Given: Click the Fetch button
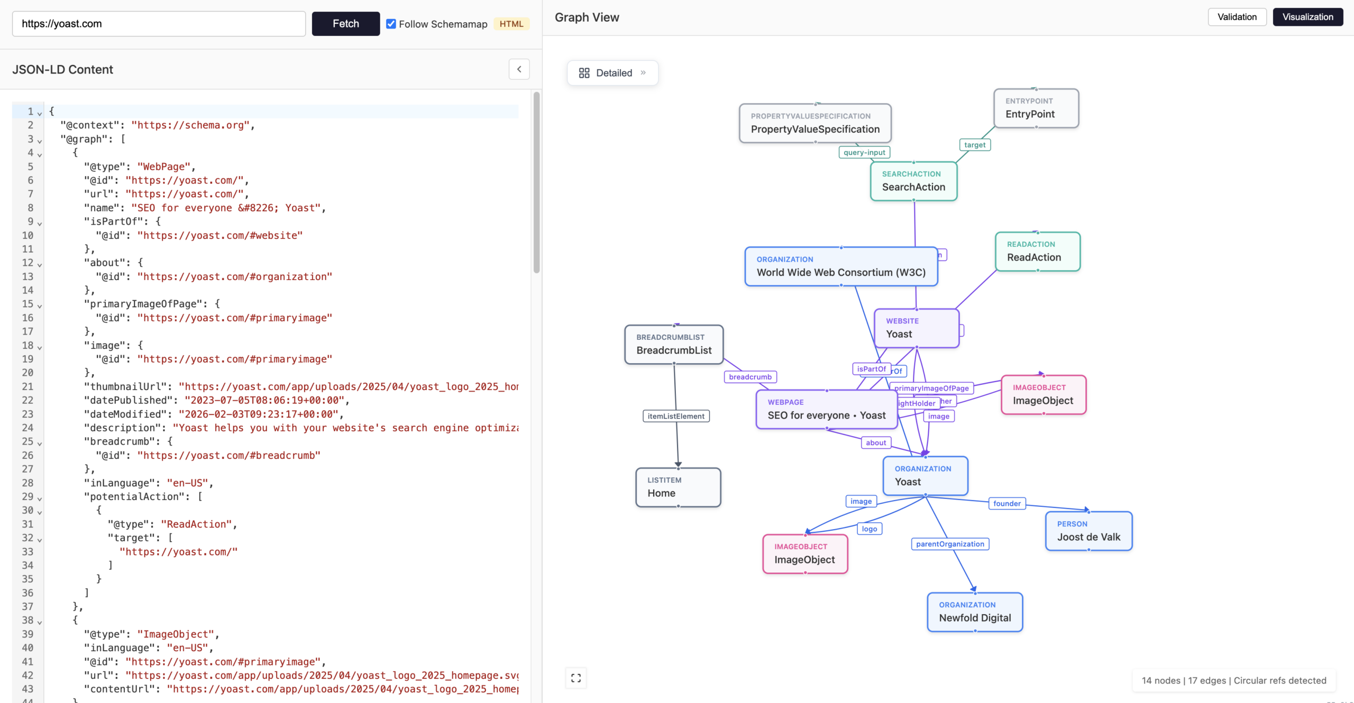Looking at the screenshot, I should [x=345, y=24].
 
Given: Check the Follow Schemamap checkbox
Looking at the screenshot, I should [x=391, y=24].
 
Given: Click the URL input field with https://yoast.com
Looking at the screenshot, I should [x=159, y=24].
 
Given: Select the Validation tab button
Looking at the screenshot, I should [x=1237, y=17].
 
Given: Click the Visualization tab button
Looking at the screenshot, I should [x=1307, y=17].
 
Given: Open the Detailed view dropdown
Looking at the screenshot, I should [x=612, y=73].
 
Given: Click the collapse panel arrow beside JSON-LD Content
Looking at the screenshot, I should [x=519, y=69].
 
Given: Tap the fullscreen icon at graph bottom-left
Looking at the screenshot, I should [x=576, y=678].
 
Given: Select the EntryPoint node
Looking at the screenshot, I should [x=1036, y=108].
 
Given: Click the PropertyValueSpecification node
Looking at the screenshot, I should [x=815, y=123].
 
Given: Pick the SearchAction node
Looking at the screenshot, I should [x=913, y=181].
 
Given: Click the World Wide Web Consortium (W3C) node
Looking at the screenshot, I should [x=841, y=267].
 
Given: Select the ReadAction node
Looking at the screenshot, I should [x=1037, y=252].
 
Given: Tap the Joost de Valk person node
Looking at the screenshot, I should [x=1088, y=531].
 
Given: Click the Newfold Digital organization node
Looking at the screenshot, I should [x=975, y=612].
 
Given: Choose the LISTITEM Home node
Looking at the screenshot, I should [x=678, y=487].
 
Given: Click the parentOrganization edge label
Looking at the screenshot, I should [x=950, y=544].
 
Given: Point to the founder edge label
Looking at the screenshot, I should [x=1007, y=504].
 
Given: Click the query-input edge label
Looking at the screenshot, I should [x=864, y=152].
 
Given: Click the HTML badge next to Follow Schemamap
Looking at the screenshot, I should [x=511, y=24].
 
